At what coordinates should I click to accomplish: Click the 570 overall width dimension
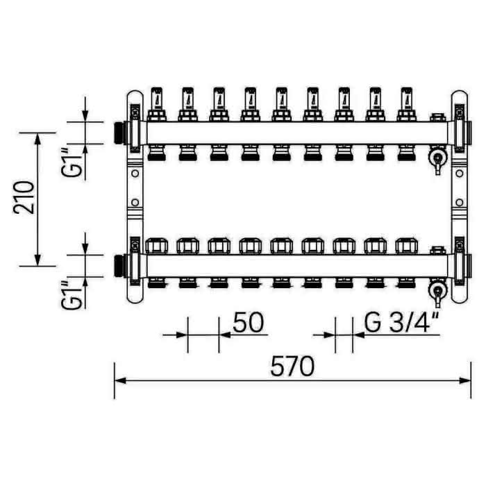pyautogui.click(x=292, y=366)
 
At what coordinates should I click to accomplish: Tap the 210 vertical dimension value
pyautogui.click(x=24, y=197)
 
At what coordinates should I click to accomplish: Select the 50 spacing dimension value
pyautogui.click(x=249, y=322)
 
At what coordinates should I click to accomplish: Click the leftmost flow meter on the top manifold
pyautogui.click(x=156, y=104)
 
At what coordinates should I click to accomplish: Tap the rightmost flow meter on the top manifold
pyautogui.click(x=407, y=104)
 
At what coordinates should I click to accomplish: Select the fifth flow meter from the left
pyautogui.click(x=281, y=104)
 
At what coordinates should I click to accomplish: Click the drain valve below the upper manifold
pyautogui.click(x=437, y=160)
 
